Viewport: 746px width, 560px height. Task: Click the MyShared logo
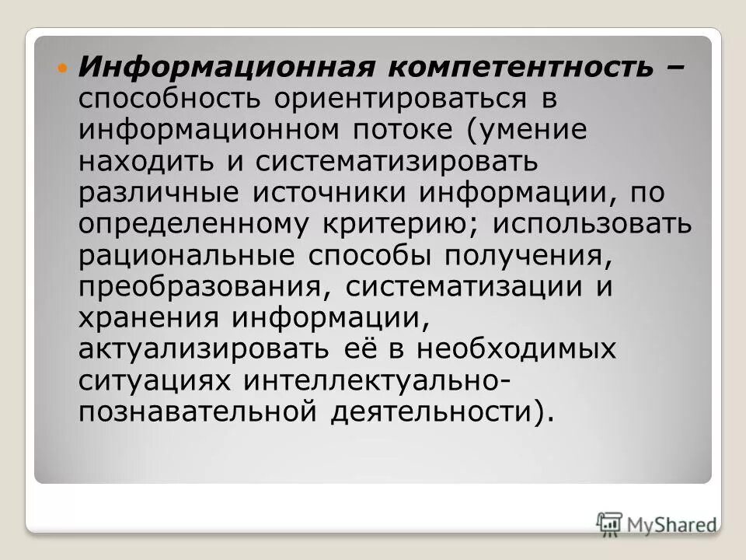pos(657,523)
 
